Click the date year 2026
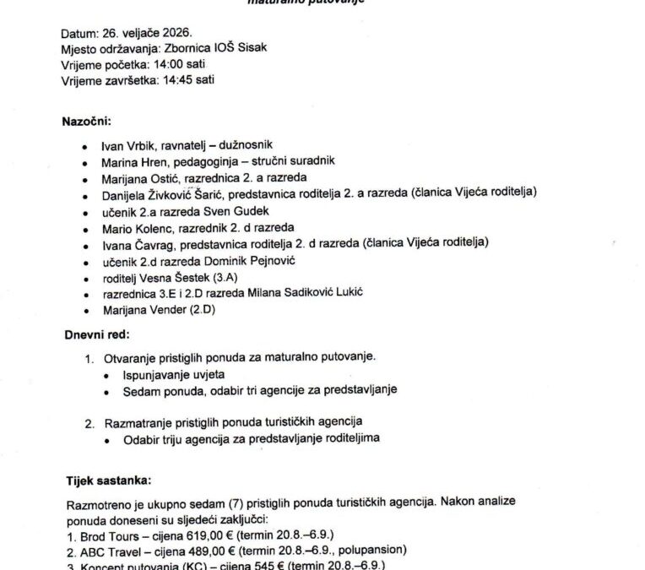tap(171, 34)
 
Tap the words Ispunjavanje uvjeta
tap(173, 374)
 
